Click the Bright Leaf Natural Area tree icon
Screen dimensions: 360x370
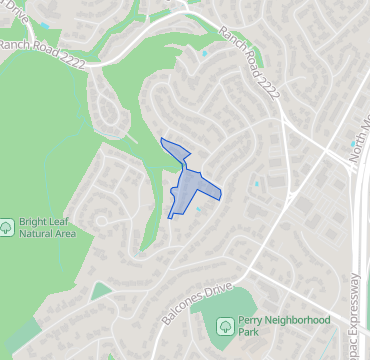coord(8,227)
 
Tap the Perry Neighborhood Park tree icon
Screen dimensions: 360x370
coord(226,325)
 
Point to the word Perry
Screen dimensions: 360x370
coord(257,319)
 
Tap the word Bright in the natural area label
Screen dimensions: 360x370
coord(37,220)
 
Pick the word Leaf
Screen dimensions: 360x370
coord(66,220)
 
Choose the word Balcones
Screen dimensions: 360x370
coord(183,313)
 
